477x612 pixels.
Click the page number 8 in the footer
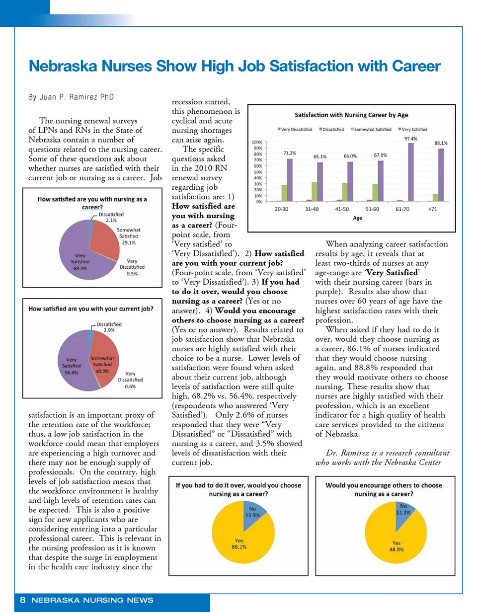tap(23, 600)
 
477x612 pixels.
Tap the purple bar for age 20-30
tap(290, 180)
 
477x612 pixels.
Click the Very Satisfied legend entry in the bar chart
tap(413, 129)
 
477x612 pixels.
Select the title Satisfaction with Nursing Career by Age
tap(352, 115)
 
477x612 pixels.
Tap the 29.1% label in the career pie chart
tap(129, 243)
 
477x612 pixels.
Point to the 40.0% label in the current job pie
tap(102, 370)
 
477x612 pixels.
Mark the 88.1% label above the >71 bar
tap(441, 143)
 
